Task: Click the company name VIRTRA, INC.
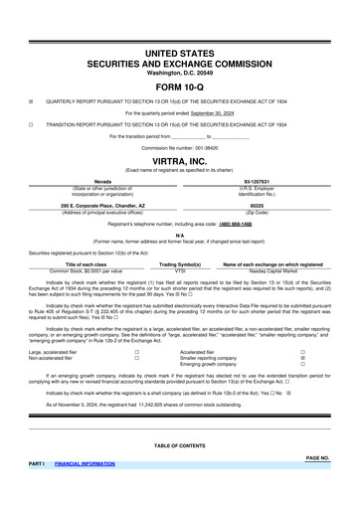click(x=179, y=158)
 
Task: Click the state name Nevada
click(x=89, y=181)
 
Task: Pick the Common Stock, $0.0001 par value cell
click(x=86, y=269)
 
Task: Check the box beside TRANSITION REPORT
click(x=31, y=124)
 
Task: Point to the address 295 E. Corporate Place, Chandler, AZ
click(x=89, y=206)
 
